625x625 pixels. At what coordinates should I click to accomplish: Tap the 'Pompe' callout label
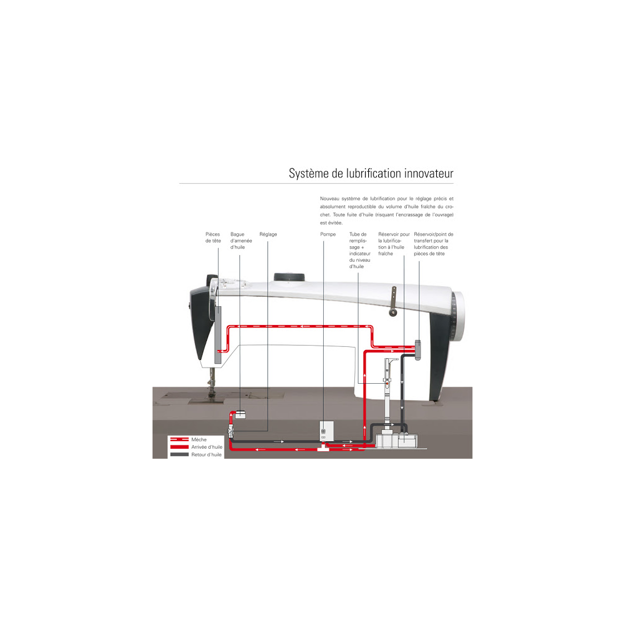point(328,234)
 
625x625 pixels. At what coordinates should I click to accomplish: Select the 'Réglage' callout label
point(268,234)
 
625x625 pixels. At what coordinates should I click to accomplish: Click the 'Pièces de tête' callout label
point(213,237)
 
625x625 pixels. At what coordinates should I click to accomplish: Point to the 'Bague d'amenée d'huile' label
point(241,241)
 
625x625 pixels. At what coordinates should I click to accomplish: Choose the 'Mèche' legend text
point(199,439)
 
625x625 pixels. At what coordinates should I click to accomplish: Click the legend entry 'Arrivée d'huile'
point(207,447)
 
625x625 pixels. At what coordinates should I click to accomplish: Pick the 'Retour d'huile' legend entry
point(206,454)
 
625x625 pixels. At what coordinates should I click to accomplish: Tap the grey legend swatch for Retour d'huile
point(179,454)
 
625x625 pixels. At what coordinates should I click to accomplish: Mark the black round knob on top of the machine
point(289,277)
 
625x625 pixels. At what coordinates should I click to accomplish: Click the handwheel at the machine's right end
point(457,316)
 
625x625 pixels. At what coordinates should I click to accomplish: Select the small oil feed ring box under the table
point(240,414)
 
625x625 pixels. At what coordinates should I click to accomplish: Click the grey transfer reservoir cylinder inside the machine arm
point(417,350)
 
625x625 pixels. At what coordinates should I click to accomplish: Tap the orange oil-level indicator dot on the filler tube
point(386,384)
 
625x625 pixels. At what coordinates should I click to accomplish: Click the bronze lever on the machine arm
point(393,301)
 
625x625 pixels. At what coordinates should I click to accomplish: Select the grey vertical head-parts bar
point(217,335)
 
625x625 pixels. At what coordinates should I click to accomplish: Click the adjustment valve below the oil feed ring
point(231,431)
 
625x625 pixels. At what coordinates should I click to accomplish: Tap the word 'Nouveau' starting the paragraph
point(329,199)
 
